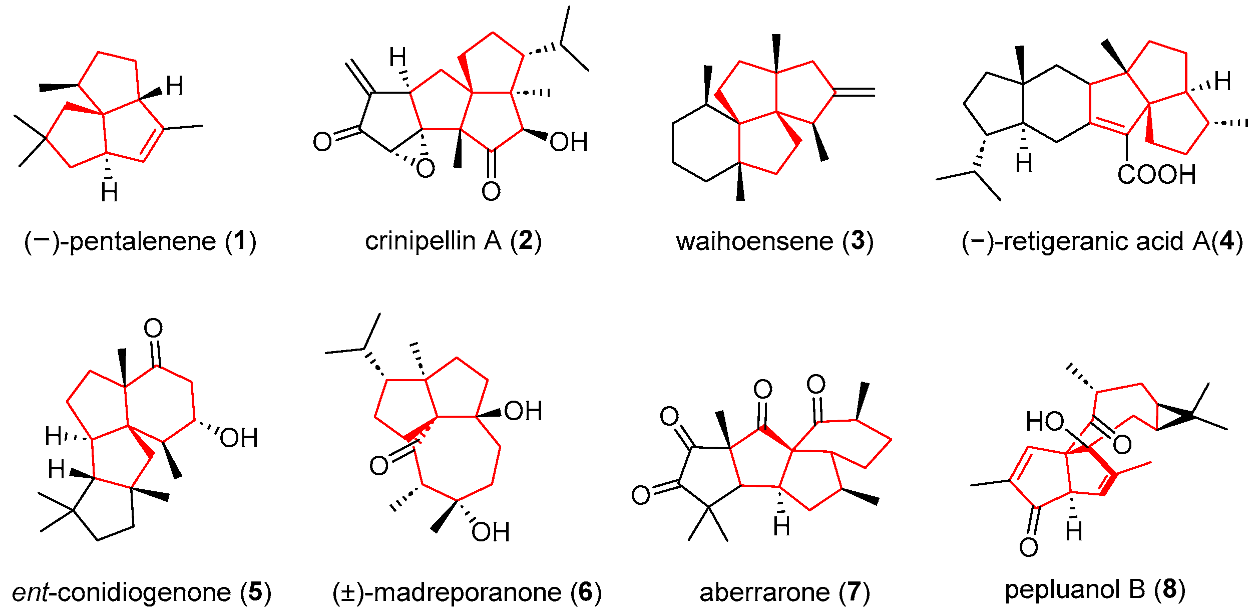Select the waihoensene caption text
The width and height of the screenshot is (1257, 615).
tap(755, 241)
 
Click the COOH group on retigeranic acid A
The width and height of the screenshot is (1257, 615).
tap(1156, 175)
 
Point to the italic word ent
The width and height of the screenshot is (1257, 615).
tap(30, 592)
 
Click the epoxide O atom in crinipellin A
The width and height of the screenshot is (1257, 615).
tap(425, 169)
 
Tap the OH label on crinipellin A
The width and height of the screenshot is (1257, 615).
tap(568, 142)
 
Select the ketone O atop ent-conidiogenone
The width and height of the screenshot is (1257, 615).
tap(153, 329)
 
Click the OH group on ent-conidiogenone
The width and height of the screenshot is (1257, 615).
tap(239, 438)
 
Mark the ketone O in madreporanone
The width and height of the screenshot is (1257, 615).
tap(379, 466)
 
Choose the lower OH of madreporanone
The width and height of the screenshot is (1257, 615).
tap(490, 532)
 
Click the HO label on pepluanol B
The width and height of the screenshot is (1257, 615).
tap(1045, 422)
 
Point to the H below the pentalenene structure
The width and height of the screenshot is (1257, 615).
tap(109, 192)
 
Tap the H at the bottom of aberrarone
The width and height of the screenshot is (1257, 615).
tap(781, 526)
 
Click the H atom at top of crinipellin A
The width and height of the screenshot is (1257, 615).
tap(398, 58)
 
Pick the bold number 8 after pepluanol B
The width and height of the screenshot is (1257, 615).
tap(1170, 589)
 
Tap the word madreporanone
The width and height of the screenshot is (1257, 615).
tap(468, 592)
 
